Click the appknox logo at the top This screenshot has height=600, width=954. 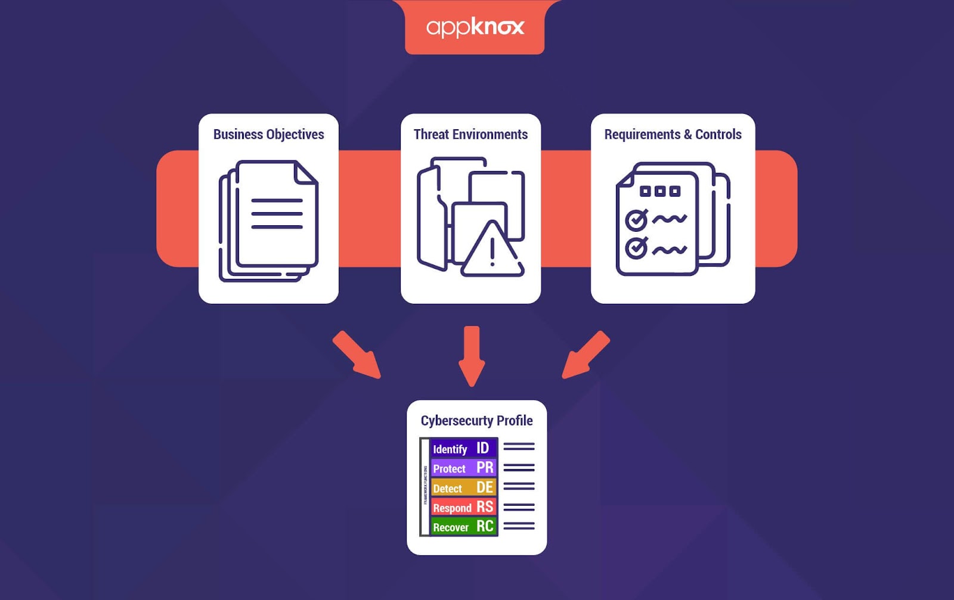475,27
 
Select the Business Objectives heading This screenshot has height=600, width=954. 268,135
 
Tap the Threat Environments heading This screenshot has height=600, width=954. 470,135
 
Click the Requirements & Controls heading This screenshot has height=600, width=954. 673,135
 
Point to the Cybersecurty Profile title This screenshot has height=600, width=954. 476,421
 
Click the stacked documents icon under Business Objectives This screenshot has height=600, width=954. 268,220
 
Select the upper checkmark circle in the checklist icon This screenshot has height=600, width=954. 636,220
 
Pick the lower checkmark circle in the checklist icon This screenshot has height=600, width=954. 636,247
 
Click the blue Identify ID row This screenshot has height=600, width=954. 463,448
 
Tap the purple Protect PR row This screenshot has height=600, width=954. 463,468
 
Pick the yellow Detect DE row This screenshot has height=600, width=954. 463,487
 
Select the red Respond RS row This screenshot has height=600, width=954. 463,507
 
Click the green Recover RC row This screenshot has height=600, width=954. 463,527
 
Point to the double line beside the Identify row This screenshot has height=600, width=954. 519,446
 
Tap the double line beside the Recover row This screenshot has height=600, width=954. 519,526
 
